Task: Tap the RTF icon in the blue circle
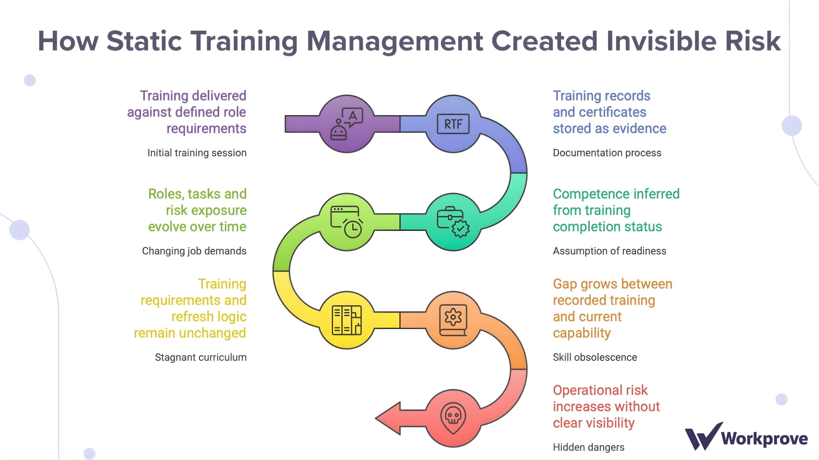tap(453, 124)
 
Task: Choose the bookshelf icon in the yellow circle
tap(346, 320)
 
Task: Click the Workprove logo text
tap(765, 438)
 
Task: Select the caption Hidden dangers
tap(588, 447)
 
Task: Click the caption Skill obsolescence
tap(595, 357)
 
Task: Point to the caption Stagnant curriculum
tap(201, 357)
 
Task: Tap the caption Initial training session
tap(197, 153)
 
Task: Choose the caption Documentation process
tap(607, 153)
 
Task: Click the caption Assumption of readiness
tap(609, 251)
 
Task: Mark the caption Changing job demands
tap(194, 251)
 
